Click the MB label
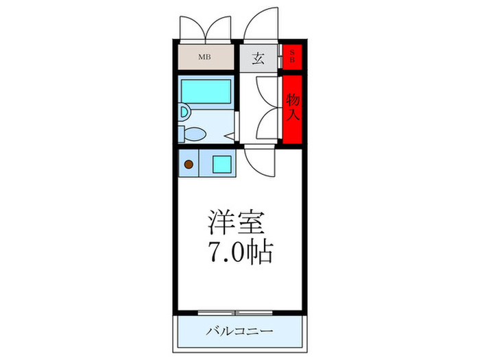(204, 57)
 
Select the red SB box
(291, 56)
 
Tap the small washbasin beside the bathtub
(184, 112)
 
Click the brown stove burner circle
(188, 165)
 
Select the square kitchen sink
(221, 165)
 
